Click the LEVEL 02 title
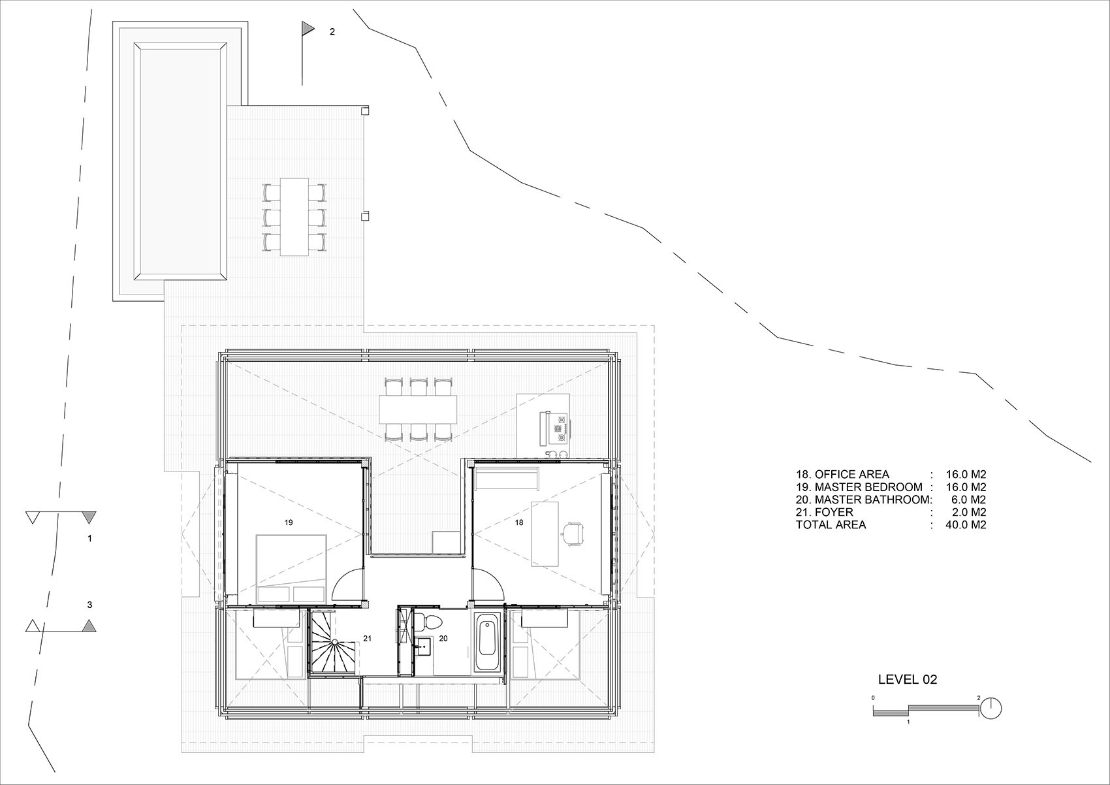908,679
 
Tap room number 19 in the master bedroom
289,522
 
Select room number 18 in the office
519,522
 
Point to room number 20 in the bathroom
443,639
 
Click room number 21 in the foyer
367,639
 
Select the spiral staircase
334,643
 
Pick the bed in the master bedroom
291,569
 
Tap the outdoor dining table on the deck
294,217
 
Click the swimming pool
180,161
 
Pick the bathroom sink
422,647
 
